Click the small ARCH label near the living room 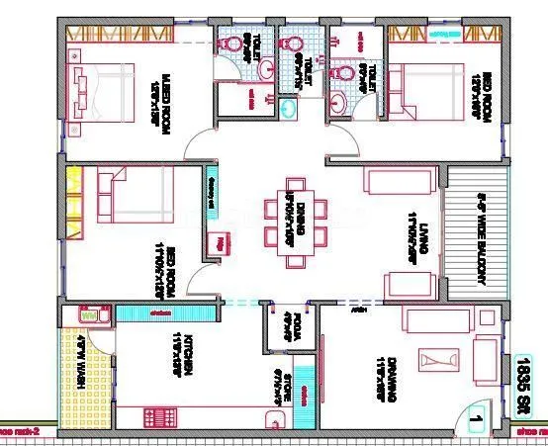click(353, 308)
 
